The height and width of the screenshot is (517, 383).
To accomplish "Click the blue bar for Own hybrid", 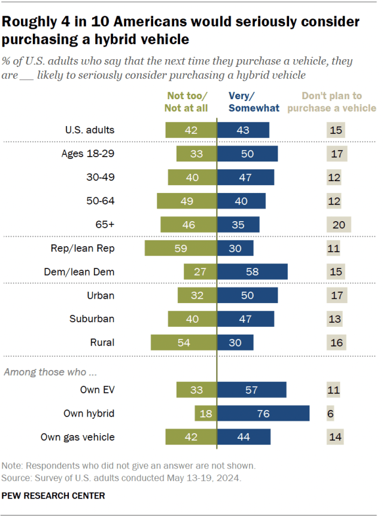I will (x=263, y=414).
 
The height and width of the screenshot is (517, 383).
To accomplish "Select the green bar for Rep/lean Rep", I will (x=180, y=249).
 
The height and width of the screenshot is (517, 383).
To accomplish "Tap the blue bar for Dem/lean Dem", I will (x=252, y=272).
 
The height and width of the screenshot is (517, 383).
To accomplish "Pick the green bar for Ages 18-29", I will (x=196, y=154).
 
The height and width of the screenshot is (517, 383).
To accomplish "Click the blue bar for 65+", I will (x=238, y=225).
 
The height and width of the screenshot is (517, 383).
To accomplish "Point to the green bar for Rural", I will (x=183, y=342).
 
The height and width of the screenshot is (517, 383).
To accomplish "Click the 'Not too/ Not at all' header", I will (x=187, y=102).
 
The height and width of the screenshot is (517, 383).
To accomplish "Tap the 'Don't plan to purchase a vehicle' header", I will (x=339, y=102).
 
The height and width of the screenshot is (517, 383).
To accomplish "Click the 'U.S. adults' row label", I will (x=90, y=130).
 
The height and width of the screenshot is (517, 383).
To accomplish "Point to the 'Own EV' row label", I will (x=97, y=390).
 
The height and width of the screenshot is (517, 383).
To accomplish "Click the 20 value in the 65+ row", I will (x=338, y=225).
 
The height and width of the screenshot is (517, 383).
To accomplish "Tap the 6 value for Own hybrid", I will (x=330, y=414).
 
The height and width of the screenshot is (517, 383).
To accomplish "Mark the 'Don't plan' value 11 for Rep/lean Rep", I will (x=333, y=249).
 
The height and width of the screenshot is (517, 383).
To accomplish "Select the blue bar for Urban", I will (x=247, y=296).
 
